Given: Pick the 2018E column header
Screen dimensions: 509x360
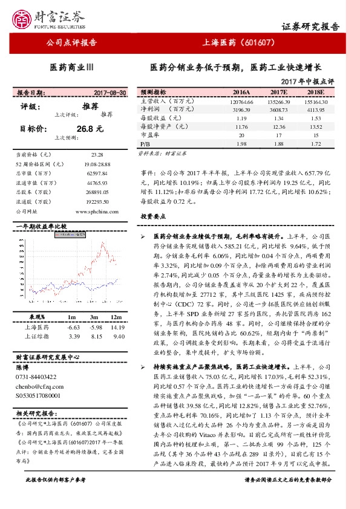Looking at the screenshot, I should pos(316,92).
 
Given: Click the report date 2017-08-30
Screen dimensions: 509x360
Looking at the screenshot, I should pos(110,92).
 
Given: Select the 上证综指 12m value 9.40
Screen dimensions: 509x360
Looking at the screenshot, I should pos(118,336).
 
